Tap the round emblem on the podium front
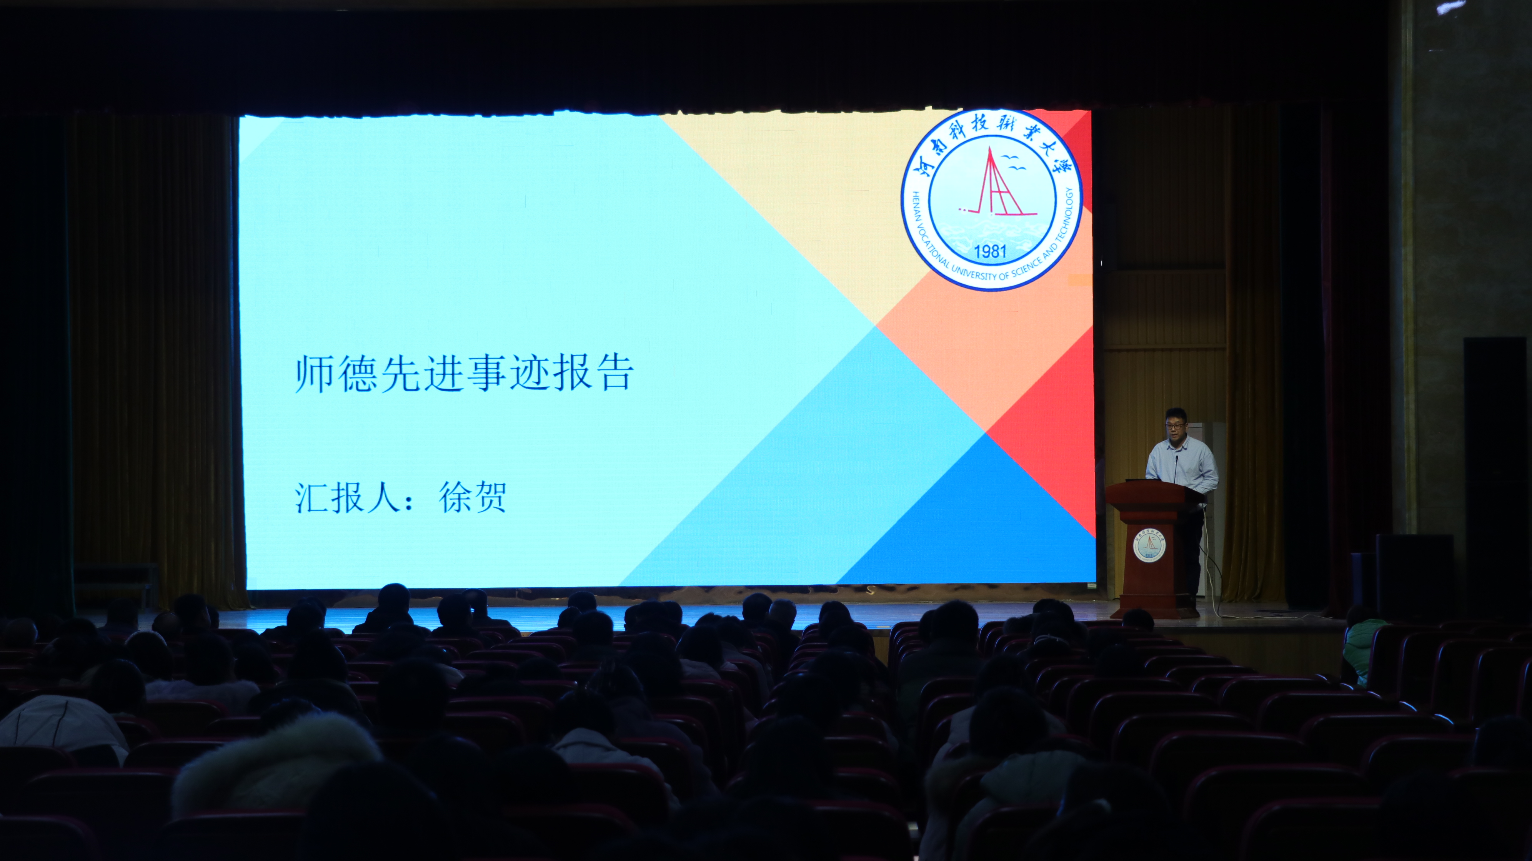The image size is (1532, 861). pos(1149,545)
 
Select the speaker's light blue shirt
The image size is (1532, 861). pos(1184,461)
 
